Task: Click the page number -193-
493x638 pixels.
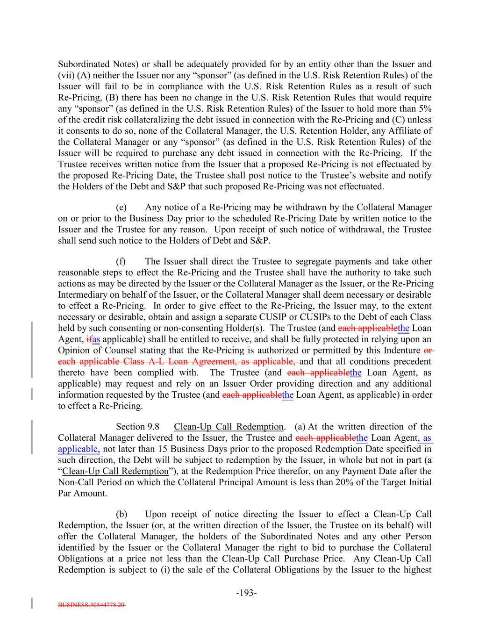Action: [x=246, y=593]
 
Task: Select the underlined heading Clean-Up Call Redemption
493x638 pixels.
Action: [x=229, y=427]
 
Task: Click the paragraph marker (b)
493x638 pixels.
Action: [x=121, y=514]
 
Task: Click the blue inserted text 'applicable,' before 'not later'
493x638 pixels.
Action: [x=79, y=449]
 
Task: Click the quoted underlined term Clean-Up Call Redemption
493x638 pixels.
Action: [x=115, y=471]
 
